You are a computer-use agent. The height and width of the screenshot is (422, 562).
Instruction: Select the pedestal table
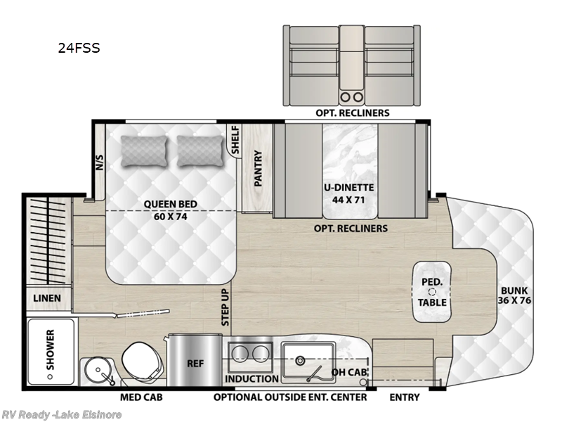click(431, 291)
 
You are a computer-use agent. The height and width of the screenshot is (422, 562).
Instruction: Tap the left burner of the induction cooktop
click(240, 352)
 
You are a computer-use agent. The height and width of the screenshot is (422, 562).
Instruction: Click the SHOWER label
click(51, 349)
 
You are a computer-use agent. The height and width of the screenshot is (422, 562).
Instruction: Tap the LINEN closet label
click(47, 298)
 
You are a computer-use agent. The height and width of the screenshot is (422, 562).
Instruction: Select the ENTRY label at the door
click(405, 397)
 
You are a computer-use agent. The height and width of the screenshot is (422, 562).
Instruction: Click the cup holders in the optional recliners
click(349, 96)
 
